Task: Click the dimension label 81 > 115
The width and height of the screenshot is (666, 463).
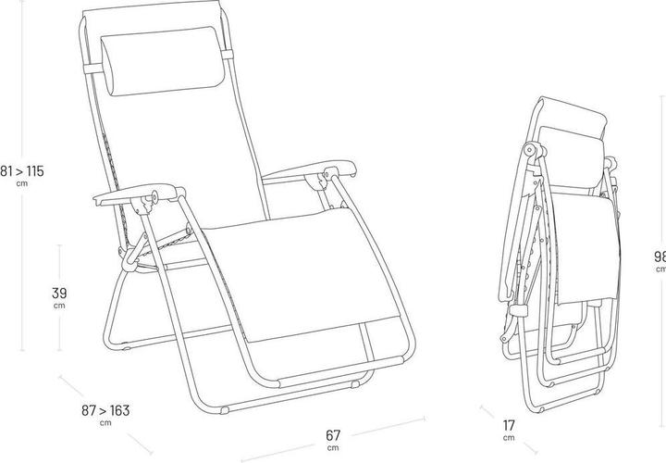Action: click(x=22, y=170)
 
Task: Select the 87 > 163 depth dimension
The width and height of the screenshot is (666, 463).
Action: click(x=105, y=408)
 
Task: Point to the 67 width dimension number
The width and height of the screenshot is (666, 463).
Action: click(x=332, y=434)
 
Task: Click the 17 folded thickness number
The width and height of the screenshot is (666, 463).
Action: click(x=509, y=425)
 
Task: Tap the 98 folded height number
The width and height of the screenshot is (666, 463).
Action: click(x=659, y=256)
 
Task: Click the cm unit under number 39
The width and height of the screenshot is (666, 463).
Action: click(x=57, y=306)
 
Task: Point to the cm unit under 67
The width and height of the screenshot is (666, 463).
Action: click(x=332, y=447)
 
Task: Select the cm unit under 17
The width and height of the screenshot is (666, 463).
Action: click(x=509, y=438)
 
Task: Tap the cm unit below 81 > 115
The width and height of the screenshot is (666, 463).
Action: click(x=22, y=183)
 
